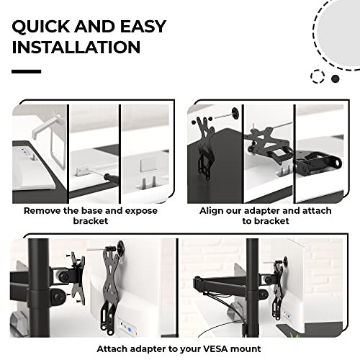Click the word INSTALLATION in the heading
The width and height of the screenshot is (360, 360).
click(76, 48)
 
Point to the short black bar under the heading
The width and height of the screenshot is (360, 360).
click(27, 71)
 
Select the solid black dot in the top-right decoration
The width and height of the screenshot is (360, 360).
click(336, 78)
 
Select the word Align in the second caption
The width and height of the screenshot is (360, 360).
click(214, 211)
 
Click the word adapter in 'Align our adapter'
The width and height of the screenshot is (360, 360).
click(265, 211)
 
